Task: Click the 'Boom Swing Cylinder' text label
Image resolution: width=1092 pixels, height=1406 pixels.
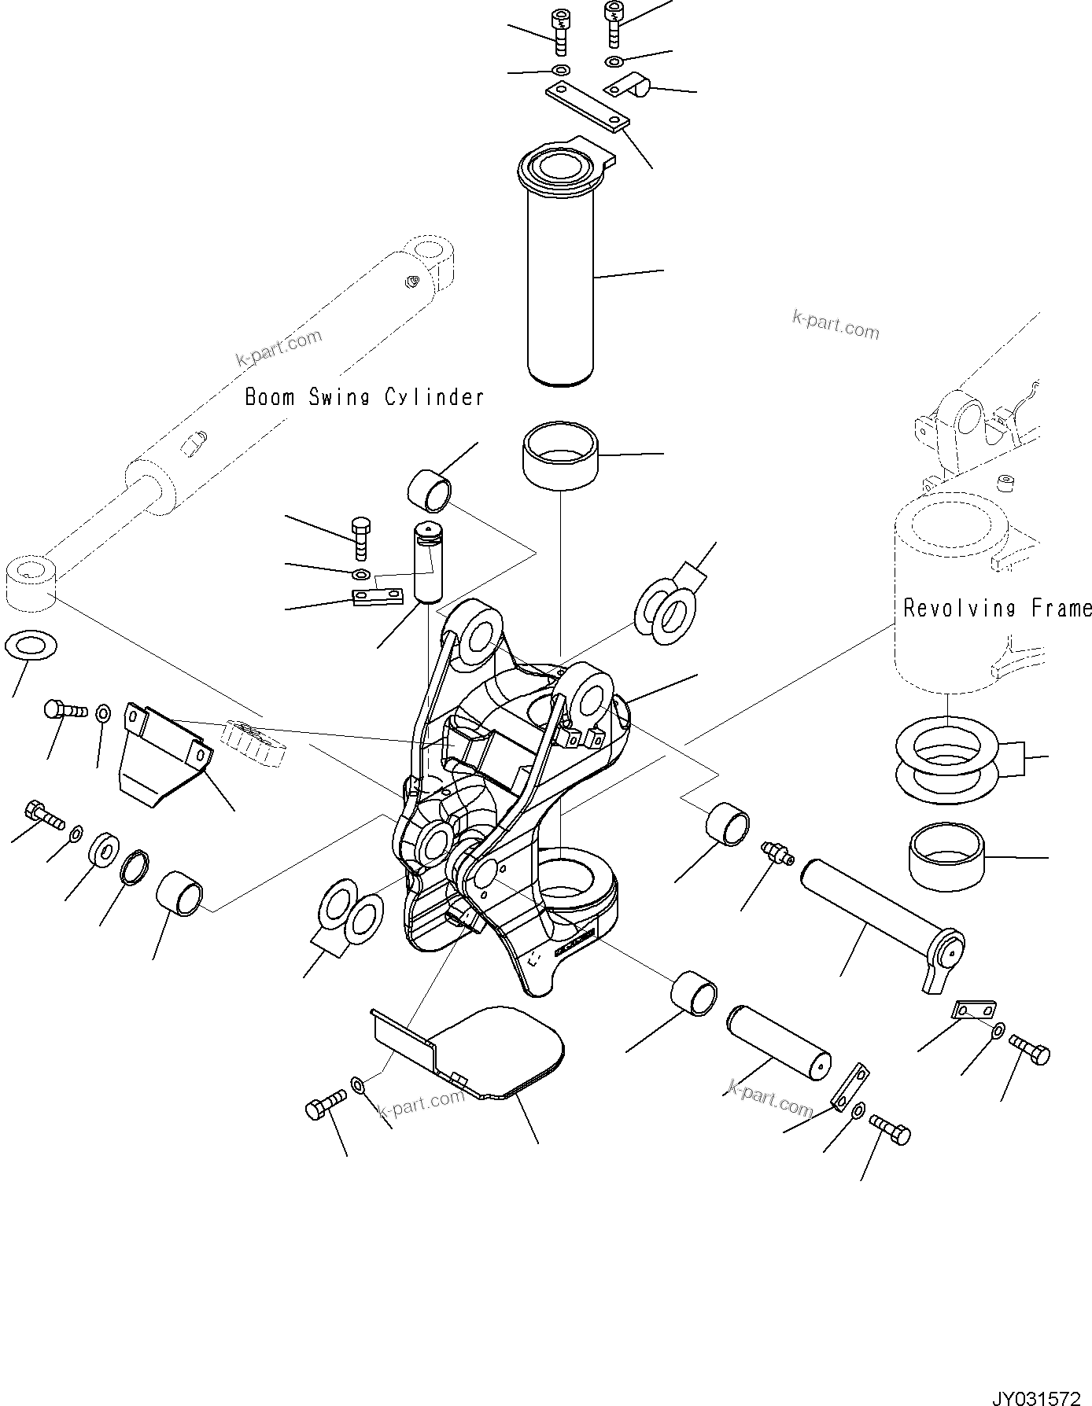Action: (364, 397)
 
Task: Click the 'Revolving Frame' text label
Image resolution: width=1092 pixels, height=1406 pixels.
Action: (996, 608)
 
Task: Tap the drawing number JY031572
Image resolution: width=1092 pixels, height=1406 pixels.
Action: (1039, 1393)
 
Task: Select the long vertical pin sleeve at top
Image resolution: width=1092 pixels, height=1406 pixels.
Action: (560, 275)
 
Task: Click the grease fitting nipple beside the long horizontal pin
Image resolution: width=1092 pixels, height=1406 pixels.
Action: (777, 852)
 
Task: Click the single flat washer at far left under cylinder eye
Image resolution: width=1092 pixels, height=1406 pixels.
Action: (31, 646)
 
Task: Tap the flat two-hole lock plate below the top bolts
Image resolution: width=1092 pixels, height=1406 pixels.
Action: (588, 107)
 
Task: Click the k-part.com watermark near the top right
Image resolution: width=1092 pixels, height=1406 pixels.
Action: (836, 325)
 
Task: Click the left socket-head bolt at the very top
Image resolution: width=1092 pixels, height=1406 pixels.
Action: (561, 31)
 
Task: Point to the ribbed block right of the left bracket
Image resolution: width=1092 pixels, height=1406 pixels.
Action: (254, 742)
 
